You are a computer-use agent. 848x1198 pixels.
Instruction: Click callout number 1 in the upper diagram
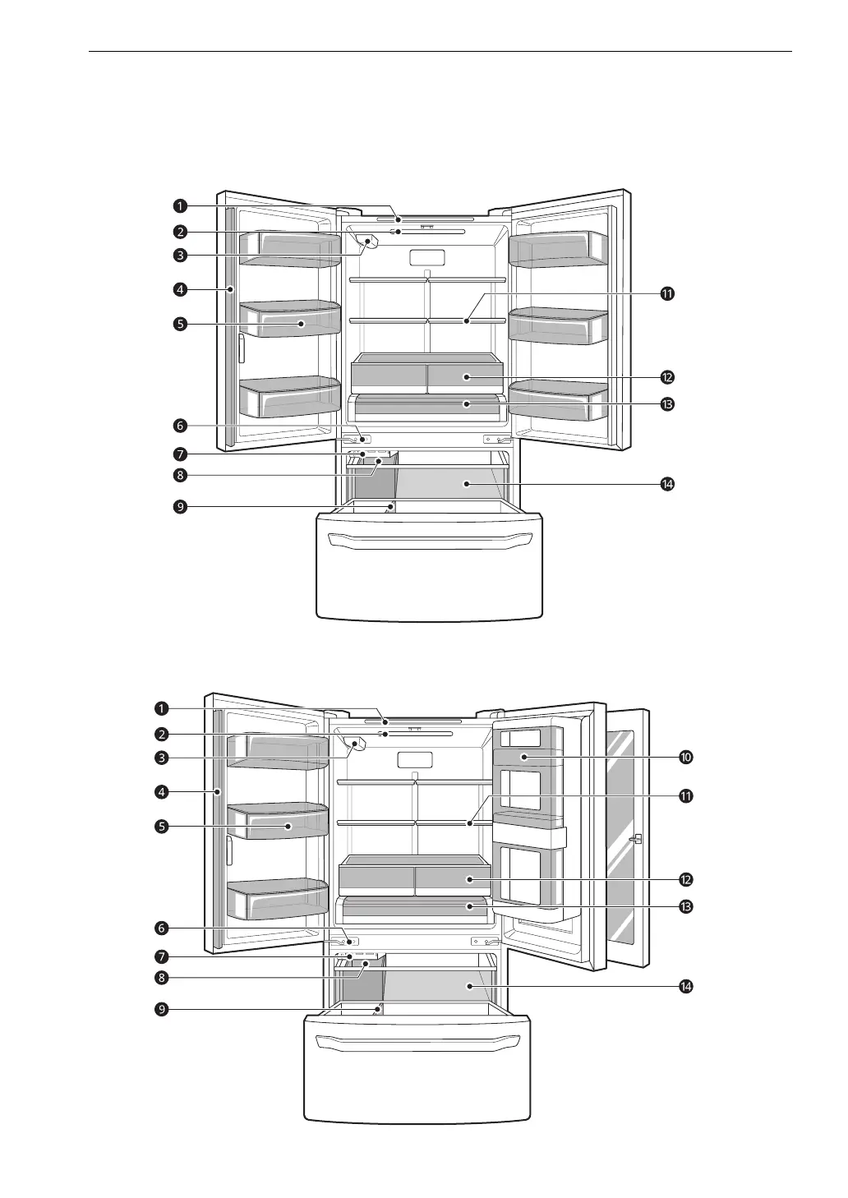tap(180, 206)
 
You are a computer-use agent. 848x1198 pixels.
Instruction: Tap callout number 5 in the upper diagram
tap(180, 324)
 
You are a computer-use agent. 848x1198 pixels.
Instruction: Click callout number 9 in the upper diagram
tap(180, 507)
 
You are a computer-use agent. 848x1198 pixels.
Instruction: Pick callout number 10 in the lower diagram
tap(685, 757)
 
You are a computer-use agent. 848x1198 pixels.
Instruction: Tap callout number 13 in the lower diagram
tap(685, 907)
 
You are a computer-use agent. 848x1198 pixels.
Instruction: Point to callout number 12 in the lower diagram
tap(685, 879)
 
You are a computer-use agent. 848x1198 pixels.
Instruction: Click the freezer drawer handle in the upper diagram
tap(429, 540)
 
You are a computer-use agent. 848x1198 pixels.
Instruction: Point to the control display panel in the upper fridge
tap(426, 258)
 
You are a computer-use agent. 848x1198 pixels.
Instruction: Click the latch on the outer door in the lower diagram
tap(636, 840)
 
